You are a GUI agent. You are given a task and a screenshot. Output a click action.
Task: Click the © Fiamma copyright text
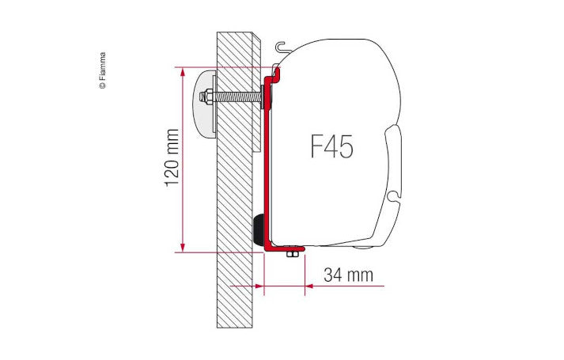coord(102,72)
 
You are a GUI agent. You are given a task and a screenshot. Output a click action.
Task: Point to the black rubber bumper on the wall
coord(259,229)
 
